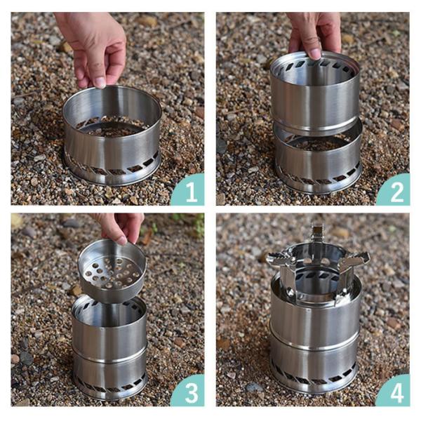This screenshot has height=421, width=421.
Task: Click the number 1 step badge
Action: tap(189, 191)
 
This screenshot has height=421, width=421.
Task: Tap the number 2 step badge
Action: tap(395, 191)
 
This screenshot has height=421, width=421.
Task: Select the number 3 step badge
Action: tap(189, 392)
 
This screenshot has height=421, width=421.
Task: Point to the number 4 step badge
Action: tap(395, 392)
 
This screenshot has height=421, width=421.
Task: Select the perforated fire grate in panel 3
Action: tap(112, 270)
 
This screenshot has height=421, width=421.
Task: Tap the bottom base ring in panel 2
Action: tap(319, 159)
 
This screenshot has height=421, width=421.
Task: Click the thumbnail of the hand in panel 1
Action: tap(100, 83)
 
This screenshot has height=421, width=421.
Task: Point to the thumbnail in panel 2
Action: tap(316, 54)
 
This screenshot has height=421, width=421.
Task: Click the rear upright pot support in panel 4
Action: tap(317, 233)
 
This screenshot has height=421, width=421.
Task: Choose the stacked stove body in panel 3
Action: tap(109, 349)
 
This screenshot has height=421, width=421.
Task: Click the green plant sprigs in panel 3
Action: tap(188, 225)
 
